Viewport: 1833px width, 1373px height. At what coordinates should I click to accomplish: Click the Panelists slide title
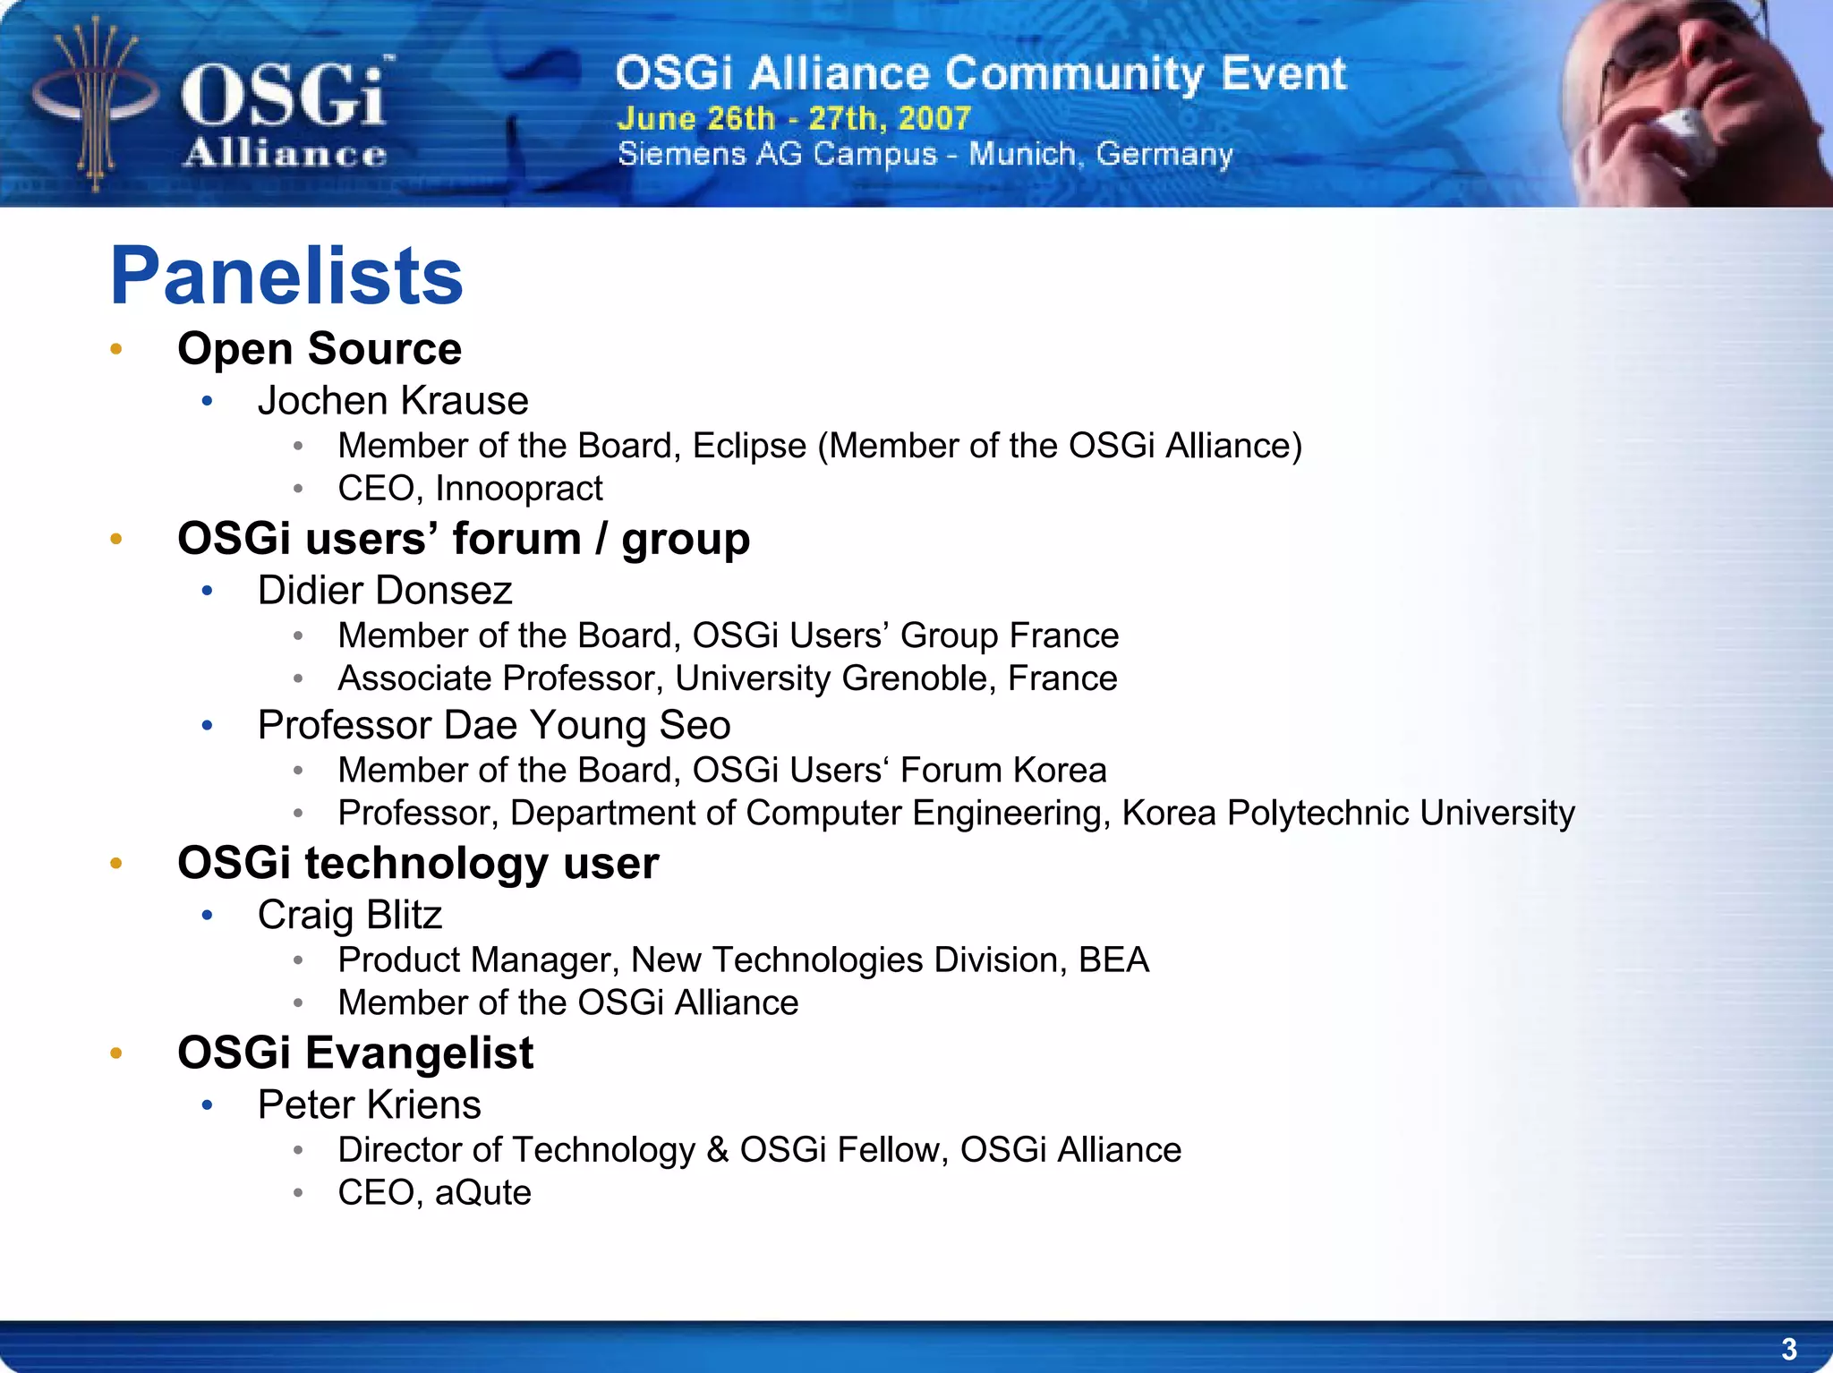[286, 277]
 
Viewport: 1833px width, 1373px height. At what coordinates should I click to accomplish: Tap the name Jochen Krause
[392, 401]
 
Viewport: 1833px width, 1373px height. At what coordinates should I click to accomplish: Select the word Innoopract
[518, 489]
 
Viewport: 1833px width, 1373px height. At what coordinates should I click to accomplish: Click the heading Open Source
[319, 348]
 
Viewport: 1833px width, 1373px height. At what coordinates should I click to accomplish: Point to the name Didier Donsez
[384, 591]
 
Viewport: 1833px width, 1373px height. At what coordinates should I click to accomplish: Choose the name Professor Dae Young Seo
[493, 725]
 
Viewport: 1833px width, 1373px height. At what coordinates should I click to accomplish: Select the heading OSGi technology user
[417, 864]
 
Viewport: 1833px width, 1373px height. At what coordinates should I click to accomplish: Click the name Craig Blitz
[349, 915]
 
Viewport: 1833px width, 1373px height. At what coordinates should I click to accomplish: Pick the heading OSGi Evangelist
[354, 1053]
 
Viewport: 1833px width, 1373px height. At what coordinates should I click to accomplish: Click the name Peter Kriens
[369, 1104]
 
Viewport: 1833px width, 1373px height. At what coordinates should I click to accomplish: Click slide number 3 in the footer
[1788, 1348]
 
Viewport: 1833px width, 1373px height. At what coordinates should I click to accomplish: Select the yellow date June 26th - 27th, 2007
[793, 118]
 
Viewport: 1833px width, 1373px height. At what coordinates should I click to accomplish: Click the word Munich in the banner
[1022, 154]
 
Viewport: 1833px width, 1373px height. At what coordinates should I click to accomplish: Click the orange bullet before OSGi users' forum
[115, 539]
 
